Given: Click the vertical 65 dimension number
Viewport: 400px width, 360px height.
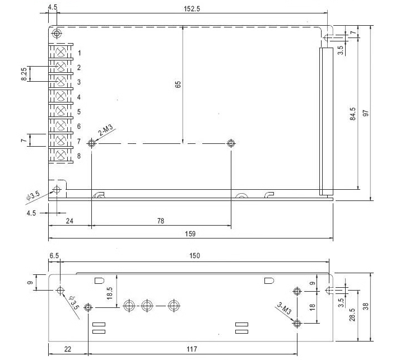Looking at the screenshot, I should point(178,85).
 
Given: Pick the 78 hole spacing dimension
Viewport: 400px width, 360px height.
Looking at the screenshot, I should point(161,221).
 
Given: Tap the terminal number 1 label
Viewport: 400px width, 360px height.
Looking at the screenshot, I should point(80,53).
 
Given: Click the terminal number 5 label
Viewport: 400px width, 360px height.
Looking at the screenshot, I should point(80,112).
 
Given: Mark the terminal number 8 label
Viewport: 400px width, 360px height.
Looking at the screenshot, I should point(80,156).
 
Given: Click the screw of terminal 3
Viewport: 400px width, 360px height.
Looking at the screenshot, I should point(61,82).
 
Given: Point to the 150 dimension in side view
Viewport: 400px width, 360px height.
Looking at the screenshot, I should point(194,256).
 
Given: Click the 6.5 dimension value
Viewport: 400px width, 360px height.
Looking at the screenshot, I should point(54,256).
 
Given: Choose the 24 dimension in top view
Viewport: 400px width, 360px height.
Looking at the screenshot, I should point(69,221).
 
